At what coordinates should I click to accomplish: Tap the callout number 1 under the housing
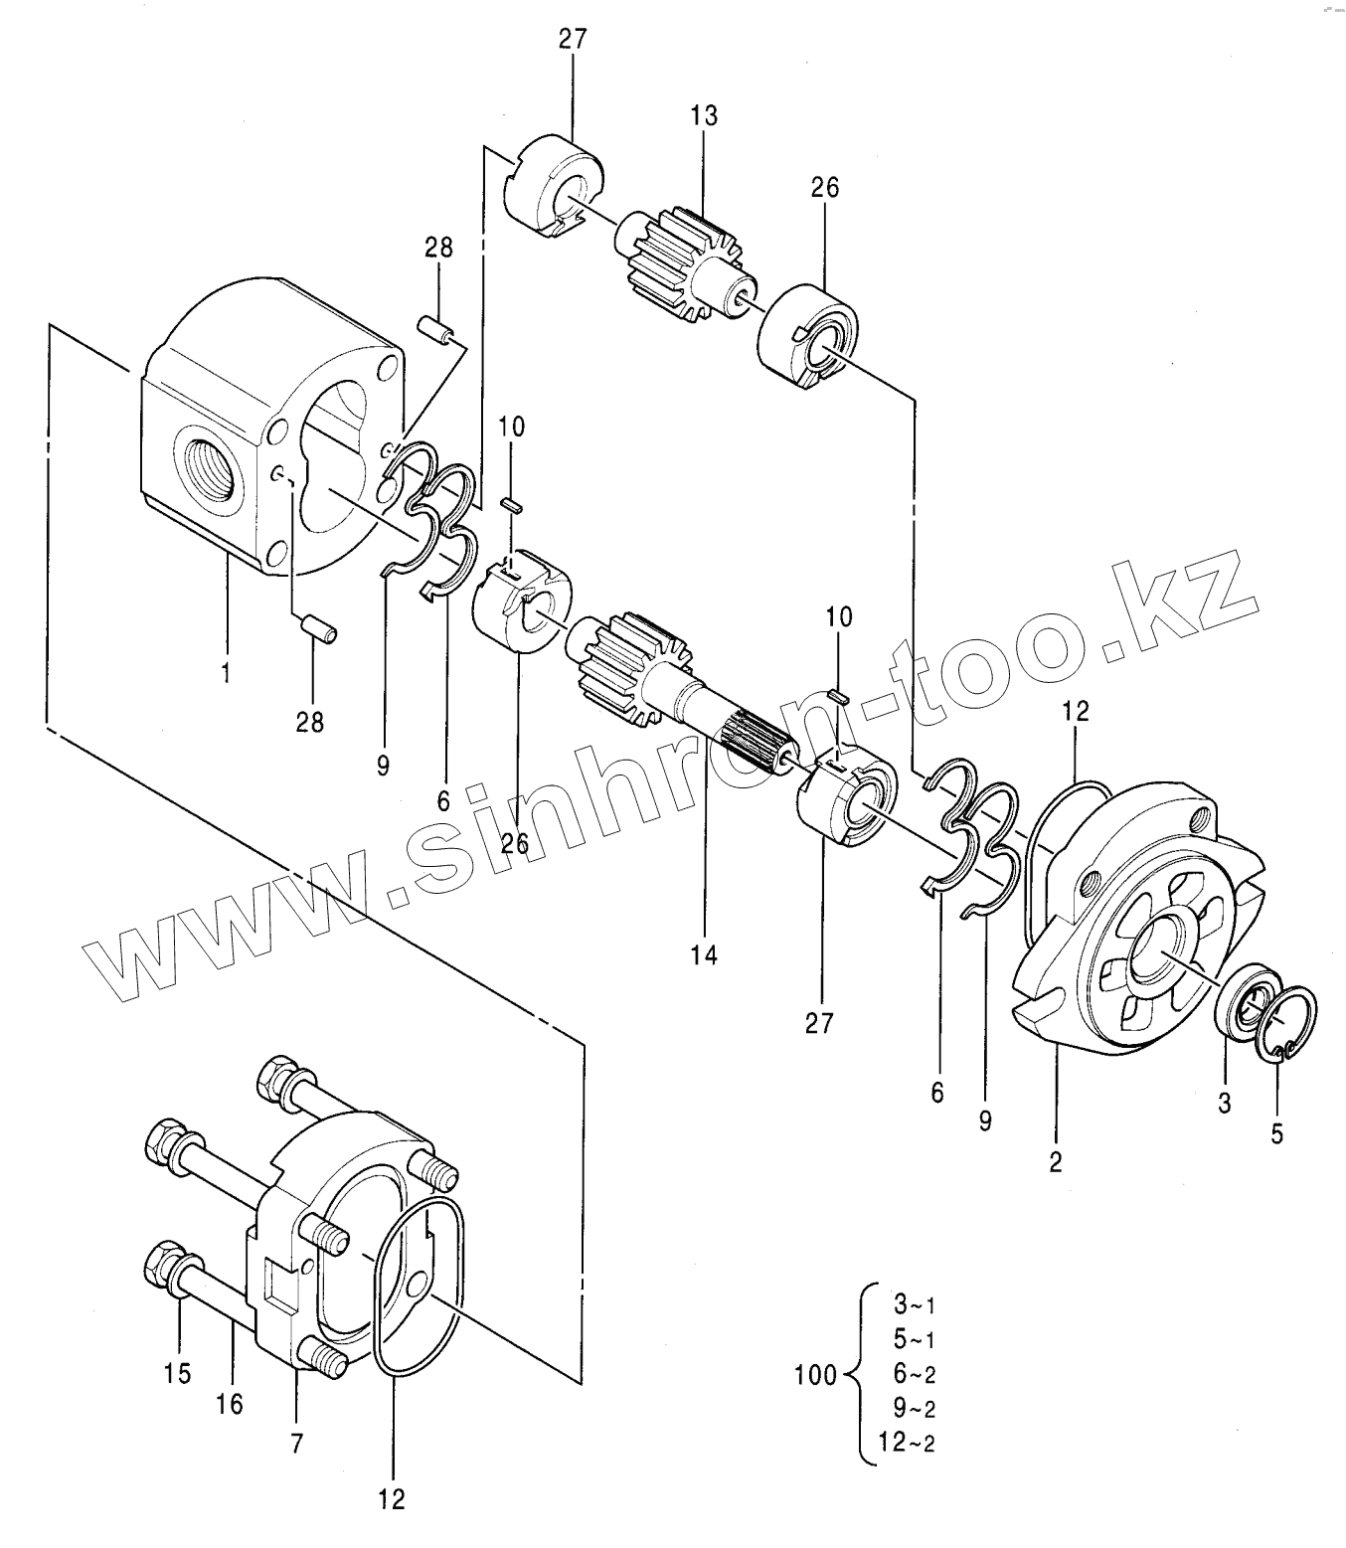click(x=226, y=671)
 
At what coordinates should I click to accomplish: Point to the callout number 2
click(x=1056, y=1161)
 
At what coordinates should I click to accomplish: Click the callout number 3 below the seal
click(x=1224, y=1104)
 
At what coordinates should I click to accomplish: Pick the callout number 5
click(x=1277, y=1133)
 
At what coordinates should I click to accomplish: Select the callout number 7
click(x=296, y=1444)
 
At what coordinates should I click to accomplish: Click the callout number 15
click(x=178, y=1373)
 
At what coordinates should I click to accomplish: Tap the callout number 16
click(x=230, y=1404)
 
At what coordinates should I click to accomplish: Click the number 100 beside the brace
click(x=815, y=1375)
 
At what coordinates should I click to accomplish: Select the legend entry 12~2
click(x=907, y=1442)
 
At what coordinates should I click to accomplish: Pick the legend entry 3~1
click(x=914, y=1304)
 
